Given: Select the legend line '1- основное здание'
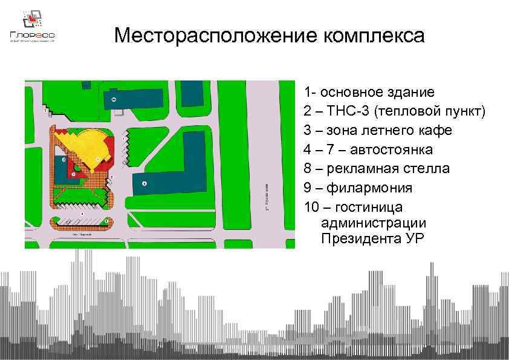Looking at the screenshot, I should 369,93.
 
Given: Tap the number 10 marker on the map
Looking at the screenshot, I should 114,98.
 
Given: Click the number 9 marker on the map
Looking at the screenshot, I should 144,183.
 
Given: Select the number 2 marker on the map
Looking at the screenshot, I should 63,159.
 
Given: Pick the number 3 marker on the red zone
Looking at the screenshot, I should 73,174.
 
